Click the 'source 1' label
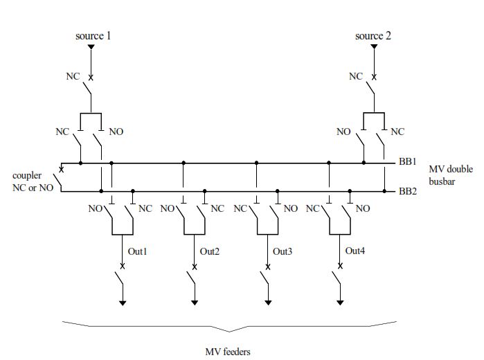(x=93, y=35)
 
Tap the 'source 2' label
(x=373, y=35)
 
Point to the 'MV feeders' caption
(x=228, y=351)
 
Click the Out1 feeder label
(x=137, y=251)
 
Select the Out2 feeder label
(x=210, y=251)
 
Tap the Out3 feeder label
(x=283, y=251)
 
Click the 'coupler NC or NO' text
(x=27, y=182)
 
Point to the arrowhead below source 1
(x=91, y=48)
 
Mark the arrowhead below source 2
(x=373, y=48)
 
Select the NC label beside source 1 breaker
(x=73, y=76)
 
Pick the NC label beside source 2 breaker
(x=355, y=76)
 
